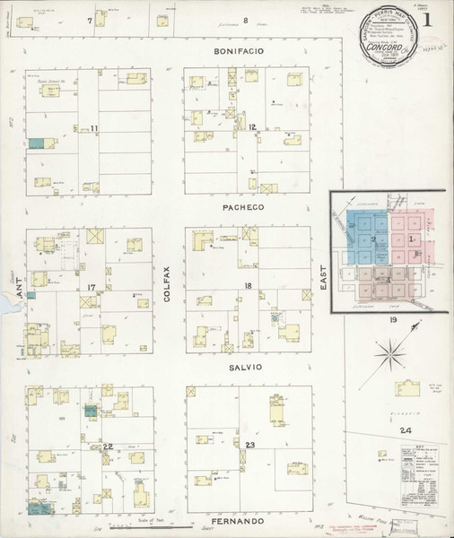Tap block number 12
(254, 127)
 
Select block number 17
(91, 287)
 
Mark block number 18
(248, 286)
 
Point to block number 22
(107, 446)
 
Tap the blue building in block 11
(36, 143)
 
